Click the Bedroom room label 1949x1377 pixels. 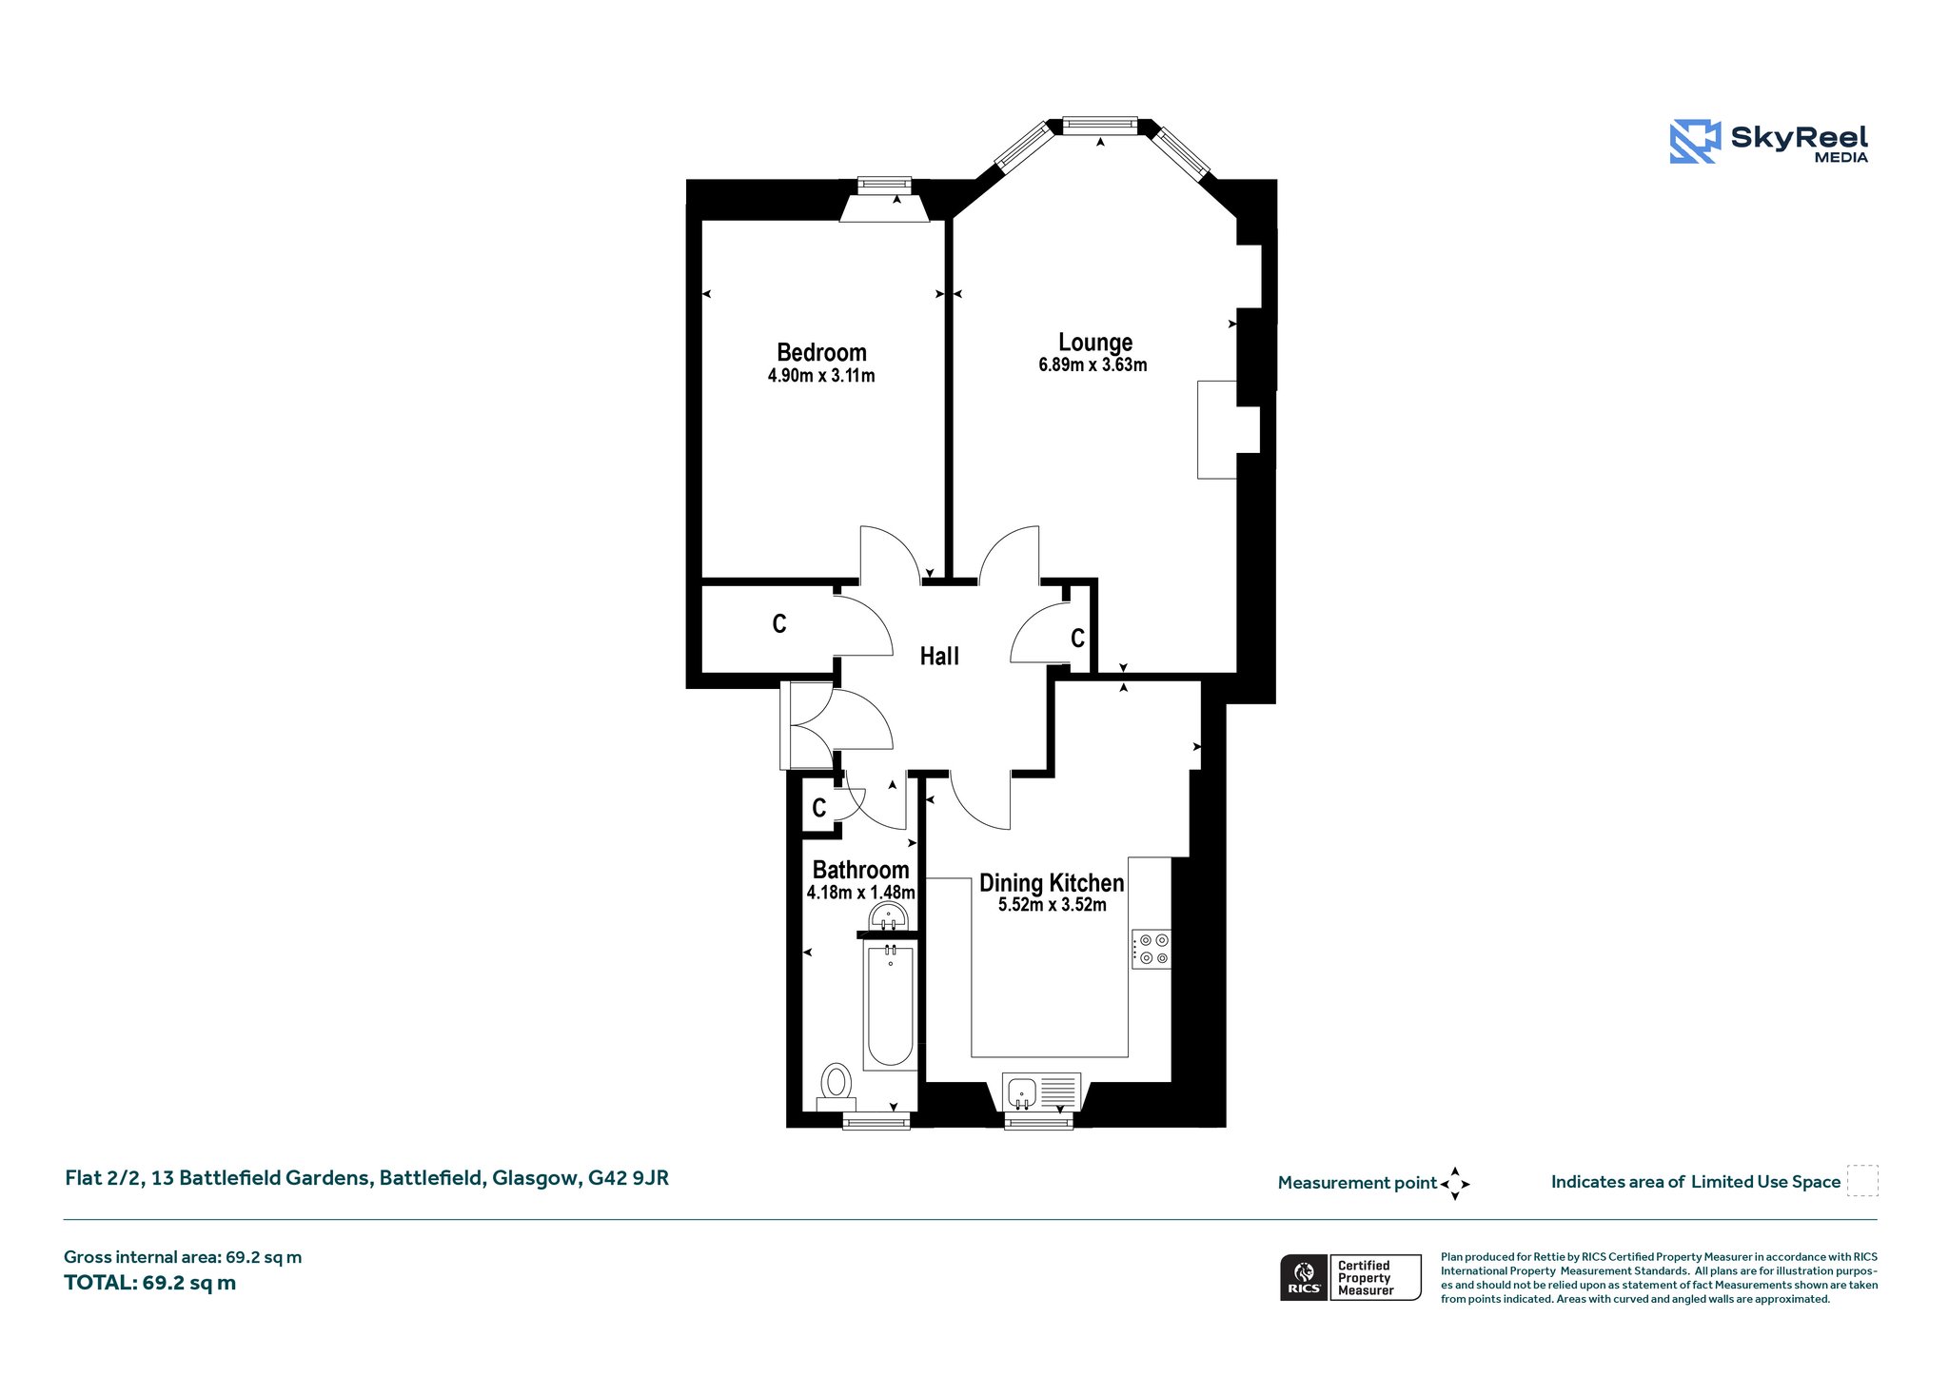(x=821, y=353)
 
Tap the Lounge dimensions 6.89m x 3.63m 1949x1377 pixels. (x=1093, y=364)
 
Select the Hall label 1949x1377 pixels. (x=939, y=656)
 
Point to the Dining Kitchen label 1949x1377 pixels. (x=1052, y=883)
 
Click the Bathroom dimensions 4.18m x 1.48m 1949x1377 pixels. (x=860, y=893)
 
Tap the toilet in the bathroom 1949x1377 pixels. (x=837, y=1086)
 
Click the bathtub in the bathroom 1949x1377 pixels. (x=889, y=1004)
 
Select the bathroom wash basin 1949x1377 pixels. (x=889, y=916)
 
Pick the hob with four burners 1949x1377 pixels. (x=1152, y=949)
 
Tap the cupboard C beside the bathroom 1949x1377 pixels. (x=819, y=809)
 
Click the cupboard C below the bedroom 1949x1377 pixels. (x=779, y=624)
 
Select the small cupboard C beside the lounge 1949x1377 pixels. (x=1077, y=638)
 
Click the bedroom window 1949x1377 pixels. (x=884, y=185)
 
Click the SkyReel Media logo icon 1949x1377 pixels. (x=1695, y=141)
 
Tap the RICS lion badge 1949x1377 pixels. (x=1305, y=1277)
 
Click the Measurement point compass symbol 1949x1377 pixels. (x=1455, y=1184)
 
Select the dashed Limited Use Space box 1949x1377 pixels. (x=1862, y=1181)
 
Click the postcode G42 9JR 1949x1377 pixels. (x=628, y=1178)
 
